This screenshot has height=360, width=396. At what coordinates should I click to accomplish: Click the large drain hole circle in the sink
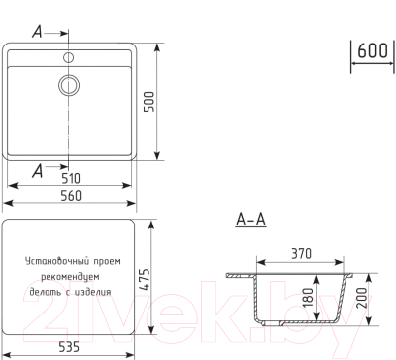coord(70,84)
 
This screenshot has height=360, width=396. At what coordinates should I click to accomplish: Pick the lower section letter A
coord(37,170)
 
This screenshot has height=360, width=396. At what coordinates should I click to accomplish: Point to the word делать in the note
coord(43,293)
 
